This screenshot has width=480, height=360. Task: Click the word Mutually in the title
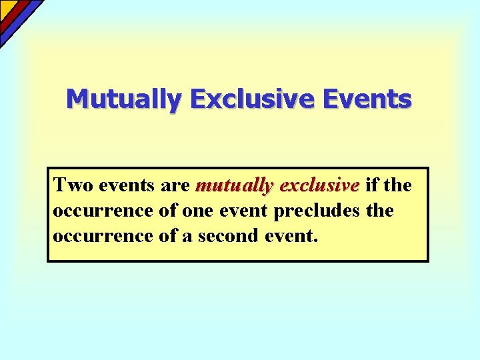[123, 99]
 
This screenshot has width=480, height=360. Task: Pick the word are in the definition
[176, 184]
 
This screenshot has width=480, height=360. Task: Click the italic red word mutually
[235, 184]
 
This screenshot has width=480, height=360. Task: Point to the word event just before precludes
[243, 211]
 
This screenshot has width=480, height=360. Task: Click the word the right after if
[399, 184]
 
